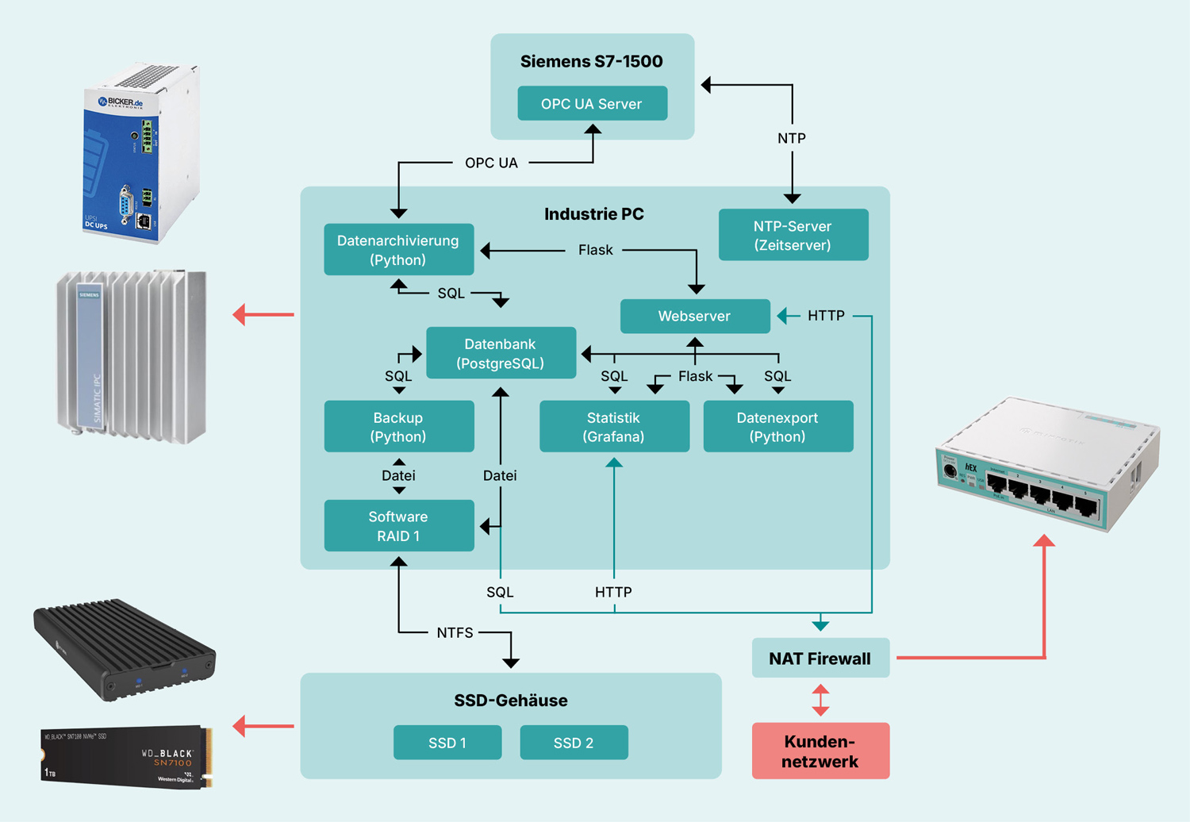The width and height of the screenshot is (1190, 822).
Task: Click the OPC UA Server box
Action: (x=592, y=104)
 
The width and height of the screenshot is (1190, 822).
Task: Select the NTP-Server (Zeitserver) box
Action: (x=793, y=236)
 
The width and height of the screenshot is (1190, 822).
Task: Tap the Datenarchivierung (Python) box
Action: (x=398, y=250)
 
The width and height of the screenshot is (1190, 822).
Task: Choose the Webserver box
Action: (x=694, y=316)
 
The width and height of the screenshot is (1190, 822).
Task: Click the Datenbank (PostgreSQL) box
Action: (x=501, y=353)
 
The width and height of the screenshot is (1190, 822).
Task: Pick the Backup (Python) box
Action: (x=398, y=427)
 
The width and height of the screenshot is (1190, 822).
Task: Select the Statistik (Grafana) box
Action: (x=614, y=427)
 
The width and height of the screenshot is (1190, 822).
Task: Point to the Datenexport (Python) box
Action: (x=777, y=427)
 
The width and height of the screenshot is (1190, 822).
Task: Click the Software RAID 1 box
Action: (x=398, y=526)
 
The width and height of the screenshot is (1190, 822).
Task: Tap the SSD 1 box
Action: (x=447, y=743)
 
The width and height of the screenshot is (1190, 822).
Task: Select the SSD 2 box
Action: (x=574, y=743)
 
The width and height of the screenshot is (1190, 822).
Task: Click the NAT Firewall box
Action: (x=820, y=659)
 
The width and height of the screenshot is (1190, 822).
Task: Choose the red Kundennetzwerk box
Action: (x=820, y=751)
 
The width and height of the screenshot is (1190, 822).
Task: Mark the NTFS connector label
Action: (x=455, y=632)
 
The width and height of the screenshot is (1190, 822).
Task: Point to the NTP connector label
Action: (x=792, y=138)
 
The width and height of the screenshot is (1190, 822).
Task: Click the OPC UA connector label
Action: (x=491, y=163)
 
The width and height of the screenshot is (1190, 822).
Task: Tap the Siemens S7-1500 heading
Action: (x=592, y=61)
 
